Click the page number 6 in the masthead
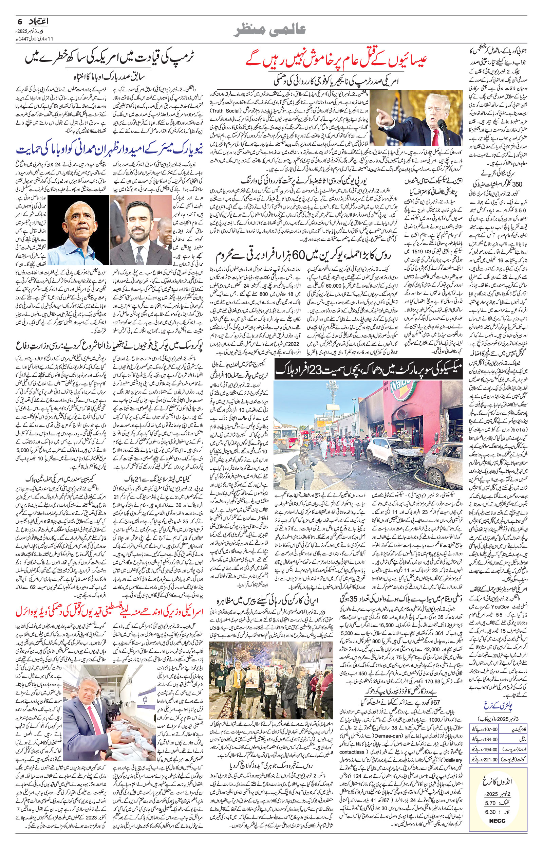pos(20,21)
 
